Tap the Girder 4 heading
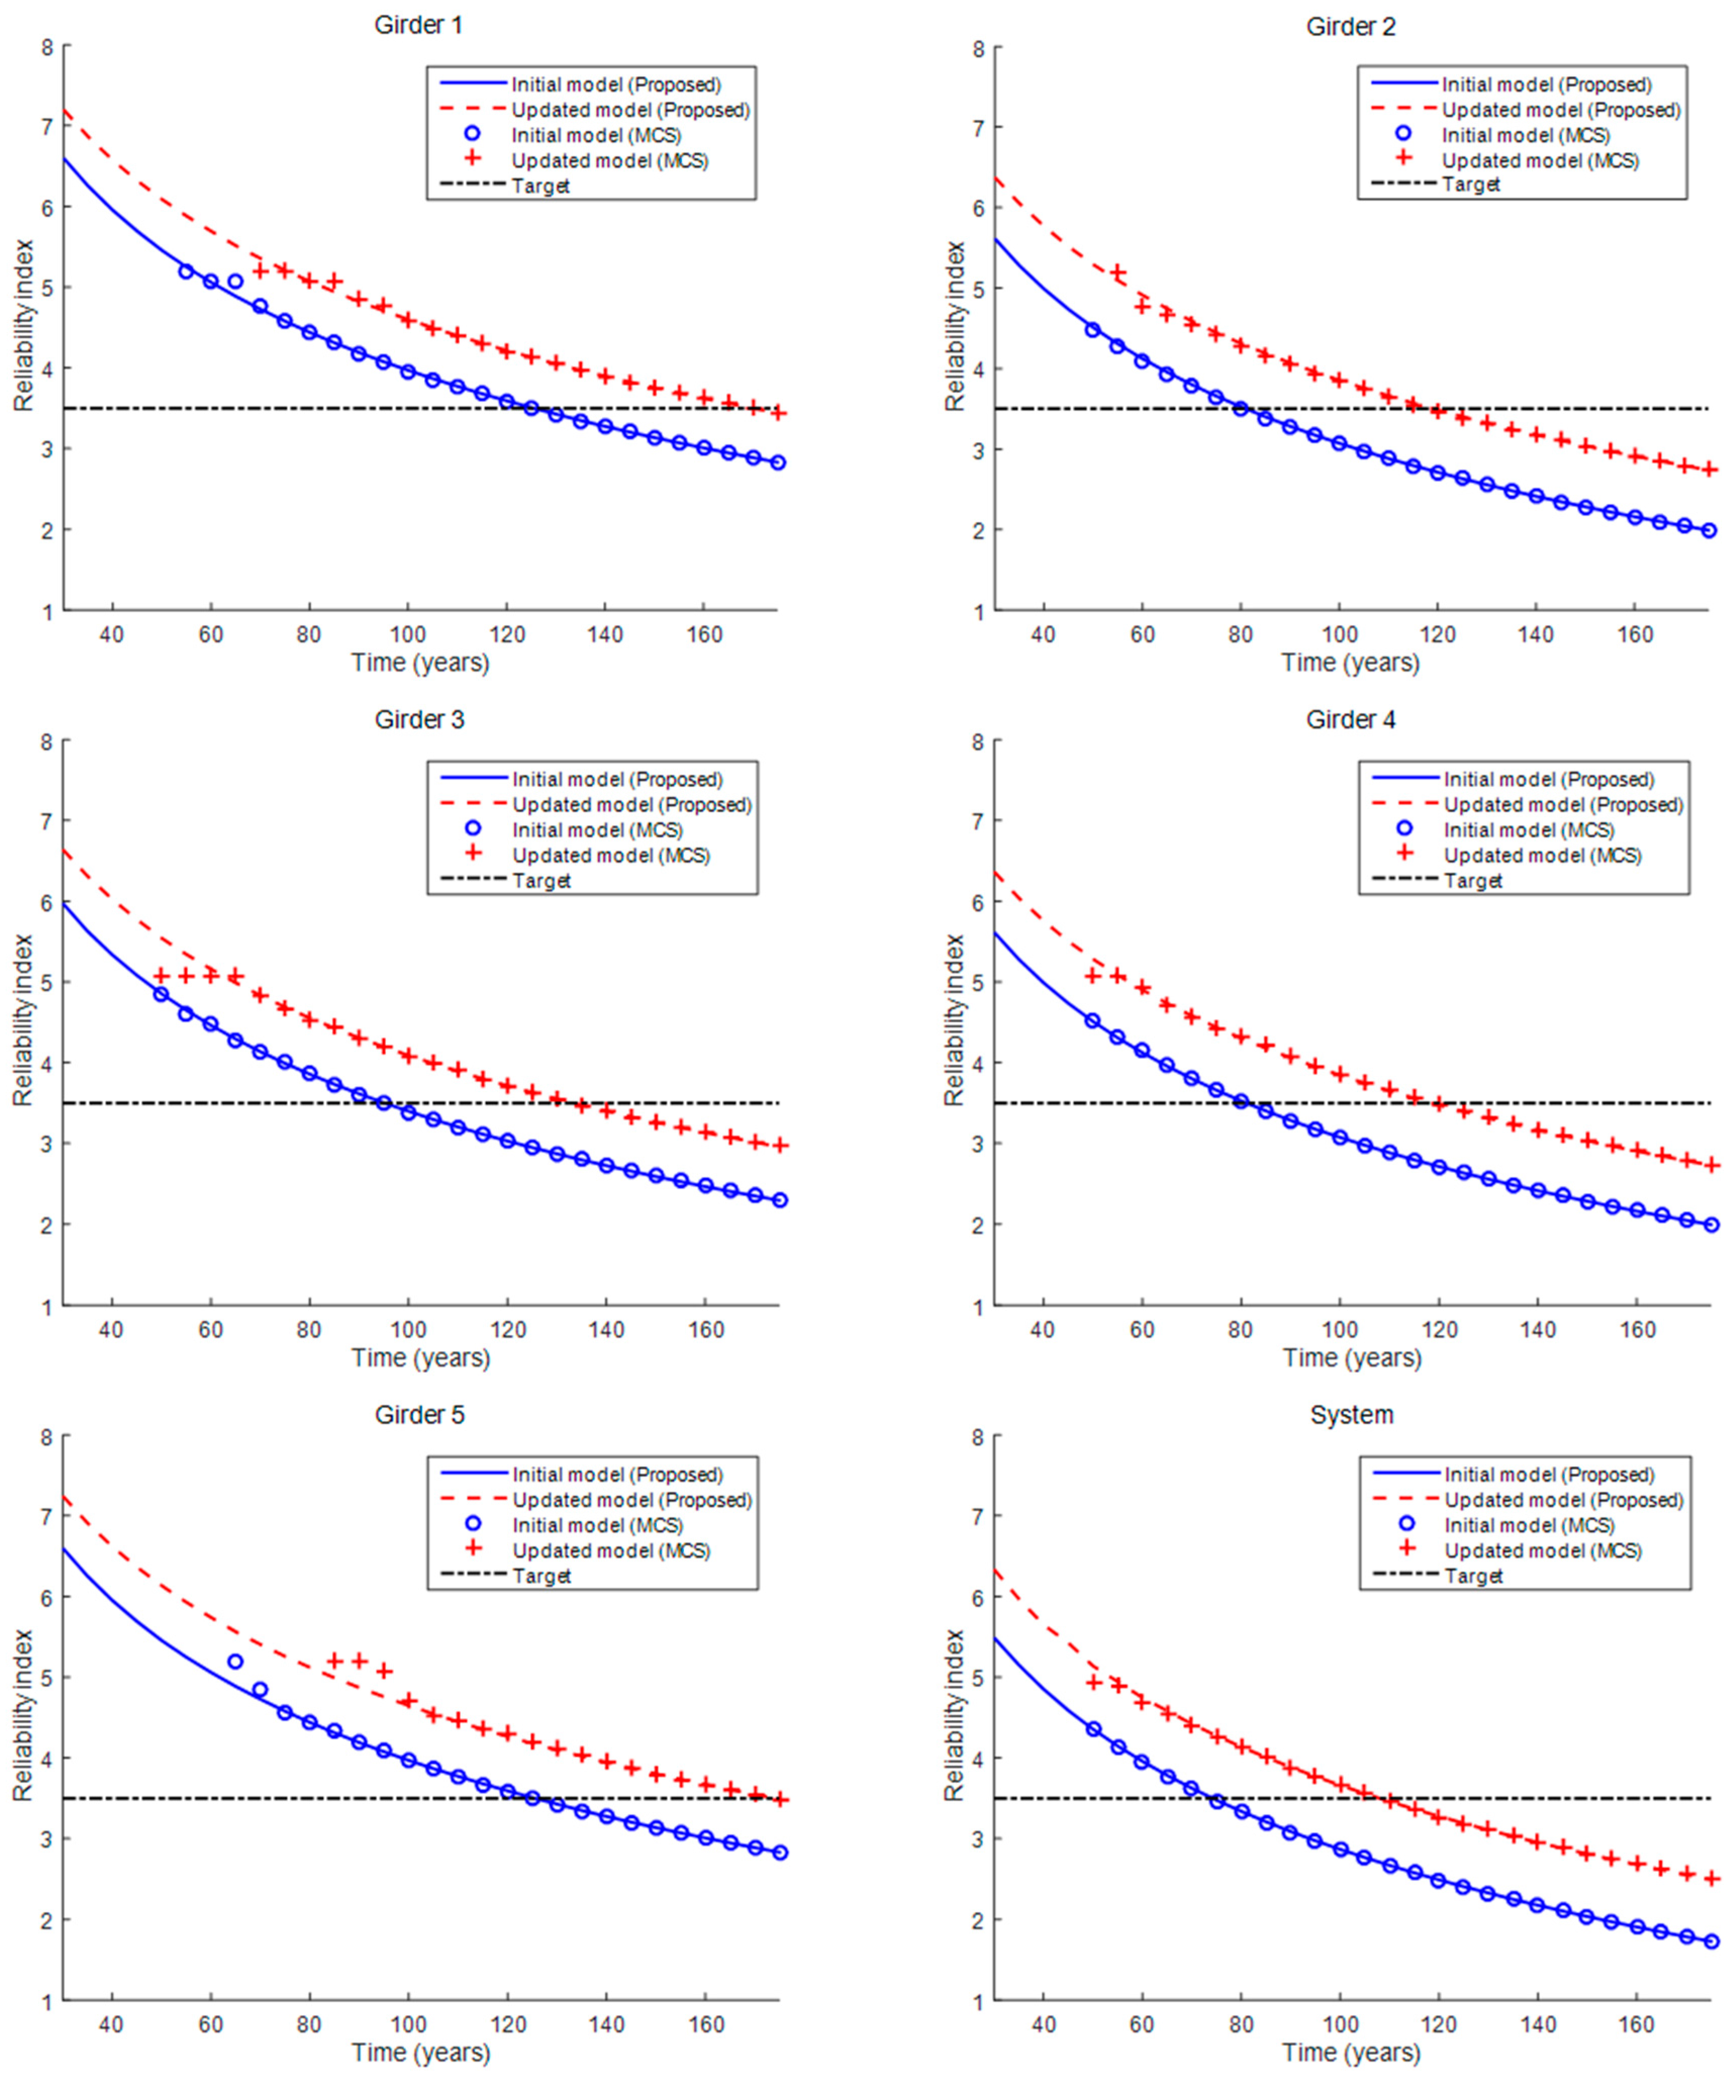pos(1351,719)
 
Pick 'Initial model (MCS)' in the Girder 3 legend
pos(597,830)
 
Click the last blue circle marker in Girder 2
pos(1709,530)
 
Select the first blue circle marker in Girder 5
pos(235,1662)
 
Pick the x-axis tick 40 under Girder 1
pos(112,635)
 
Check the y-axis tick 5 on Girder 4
pos(978,982)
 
